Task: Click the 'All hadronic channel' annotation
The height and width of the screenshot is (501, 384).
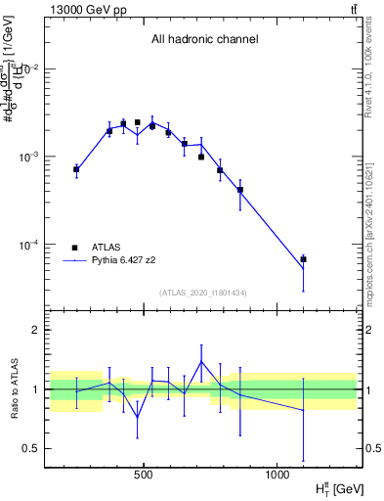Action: [x=204, y=40]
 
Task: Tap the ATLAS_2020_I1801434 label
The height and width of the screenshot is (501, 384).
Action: [x=203, y=293]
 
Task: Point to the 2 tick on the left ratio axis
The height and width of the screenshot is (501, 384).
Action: [x=35, y=331]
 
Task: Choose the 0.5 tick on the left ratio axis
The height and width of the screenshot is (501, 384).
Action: [x=32, y=449]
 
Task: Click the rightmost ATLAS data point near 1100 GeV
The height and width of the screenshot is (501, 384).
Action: [x=304, y=259]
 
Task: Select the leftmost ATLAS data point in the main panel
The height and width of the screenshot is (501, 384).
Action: [x=76, y=170]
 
